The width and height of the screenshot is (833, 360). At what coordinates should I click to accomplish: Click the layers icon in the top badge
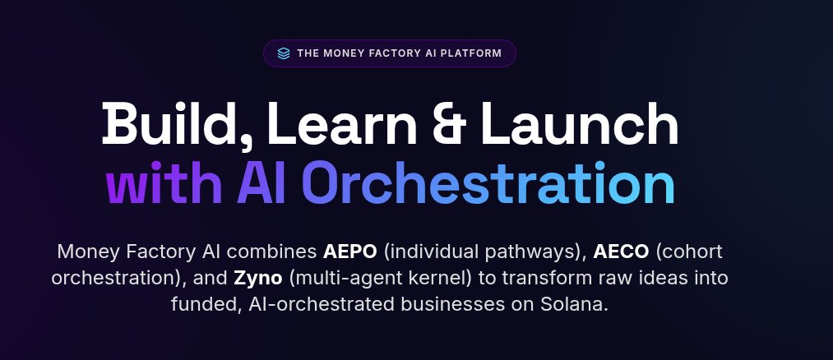pos(284,53)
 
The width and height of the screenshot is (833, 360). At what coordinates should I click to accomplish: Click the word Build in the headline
pos(165,125)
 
